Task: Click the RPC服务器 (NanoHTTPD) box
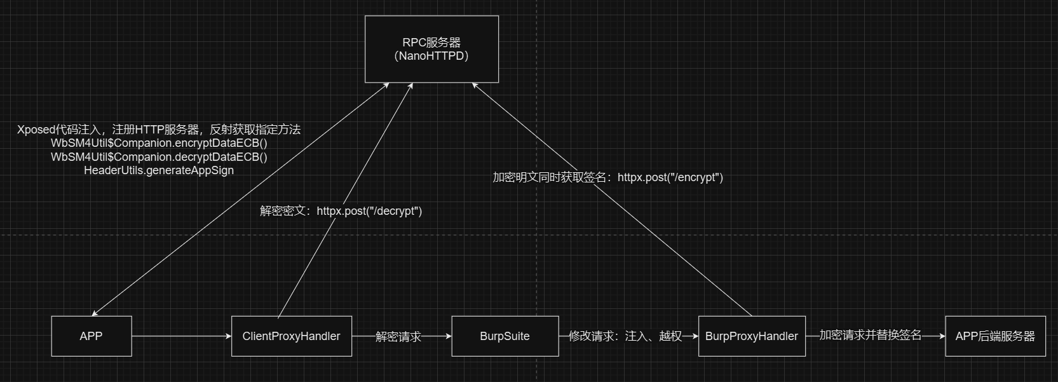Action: coord(431,49)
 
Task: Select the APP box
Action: coord(92,336)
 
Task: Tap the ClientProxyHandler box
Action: coord(291,336)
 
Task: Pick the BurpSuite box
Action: coord(505,336)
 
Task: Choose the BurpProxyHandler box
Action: coord(751,336)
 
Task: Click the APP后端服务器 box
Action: coord(995,336)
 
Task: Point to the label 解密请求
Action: coord(398,336)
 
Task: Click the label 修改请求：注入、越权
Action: coord(625,336)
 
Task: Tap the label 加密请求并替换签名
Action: coord(870,335)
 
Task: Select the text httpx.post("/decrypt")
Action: coord(369,211)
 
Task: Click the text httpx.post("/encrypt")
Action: coord(670,177)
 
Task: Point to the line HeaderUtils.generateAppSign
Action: coord(159,170)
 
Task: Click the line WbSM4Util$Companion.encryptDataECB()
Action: coord(159,143)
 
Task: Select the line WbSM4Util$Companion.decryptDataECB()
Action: coord(159,157)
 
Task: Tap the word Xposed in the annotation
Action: coord(36,130)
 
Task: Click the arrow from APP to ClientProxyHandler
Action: coord(181,336)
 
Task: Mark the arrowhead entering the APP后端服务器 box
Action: coord(942,336)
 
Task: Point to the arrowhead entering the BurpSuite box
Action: coord(448,336)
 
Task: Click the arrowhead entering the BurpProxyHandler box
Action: coord(695,336)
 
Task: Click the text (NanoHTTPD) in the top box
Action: coord(431,56)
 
